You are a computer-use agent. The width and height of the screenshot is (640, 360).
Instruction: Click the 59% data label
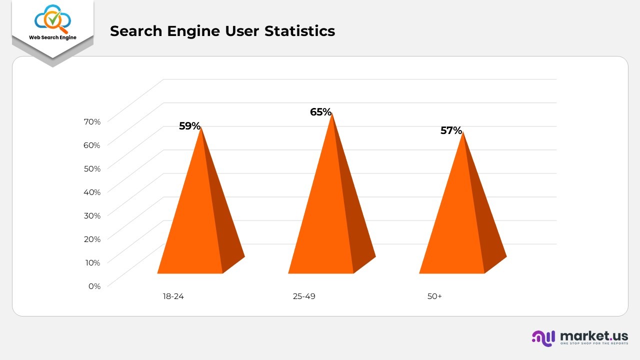[x=189, y=126]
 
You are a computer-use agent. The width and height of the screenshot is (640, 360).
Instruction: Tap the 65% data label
[x=320, y=112]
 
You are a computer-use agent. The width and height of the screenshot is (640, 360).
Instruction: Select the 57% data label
[x=451, y=130]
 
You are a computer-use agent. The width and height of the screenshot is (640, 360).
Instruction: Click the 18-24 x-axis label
[x=173, y=296]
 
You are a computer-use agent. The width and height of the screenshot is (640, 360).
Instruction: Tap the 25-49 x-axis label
[x=304, y=296]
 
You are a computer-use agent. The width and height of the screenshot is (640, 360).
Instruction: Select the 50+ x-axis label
[x=434, y=296]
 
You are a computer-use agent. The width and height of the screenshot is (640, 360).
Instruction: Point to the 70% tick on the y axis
[x=92, y=121]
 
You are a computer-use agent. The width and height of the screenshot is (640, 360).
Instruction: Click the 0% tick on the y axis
[x=94, y=286]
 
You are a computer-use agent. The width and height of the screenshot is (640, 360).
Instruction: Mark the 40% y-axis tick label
[x=92, y=192]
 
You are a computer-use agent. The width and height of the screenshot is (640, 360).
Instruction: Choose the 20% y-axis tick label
[x=92, y=239]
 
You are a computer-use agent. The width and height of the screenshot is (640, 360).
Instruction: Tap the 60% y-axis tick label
[x=92, y=145]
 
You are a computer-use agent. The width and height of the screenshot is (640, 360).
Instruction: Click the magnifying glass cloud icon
[x=52, y=19]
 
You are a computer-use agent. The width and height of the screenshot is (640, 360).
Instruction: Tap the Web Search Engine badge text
[x=52, y=37]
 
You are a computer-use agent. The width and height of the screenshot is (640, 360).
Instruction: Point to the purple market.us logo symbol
[x=543, y=338]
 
